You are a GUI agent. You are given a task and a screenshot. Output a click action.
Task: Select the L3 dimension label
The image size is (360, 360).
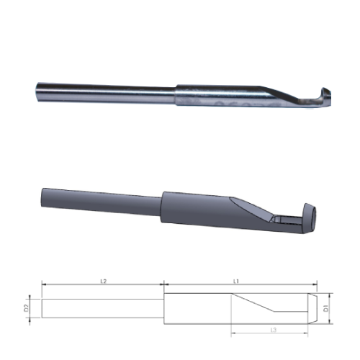[x=273, y=329]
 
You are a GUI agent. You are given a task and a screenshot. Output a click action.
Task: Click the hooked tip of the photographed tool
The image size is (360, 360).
[x=325, y=96]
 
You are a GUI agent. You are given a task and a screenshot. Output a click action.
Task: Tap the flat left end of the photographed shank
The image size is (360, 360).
[x=35, y=93]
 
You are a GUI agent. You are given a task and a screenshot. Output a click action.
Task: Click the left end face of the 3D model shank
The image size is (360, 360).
[x=43, y=194]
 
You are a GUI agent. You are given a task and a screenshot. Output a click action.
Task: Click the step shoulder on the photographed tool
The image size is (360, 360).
[x=177, y=96]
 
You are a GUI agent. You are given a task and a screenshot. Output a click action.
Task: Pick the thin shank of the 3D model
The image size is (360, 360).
[x=101, y=199]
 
